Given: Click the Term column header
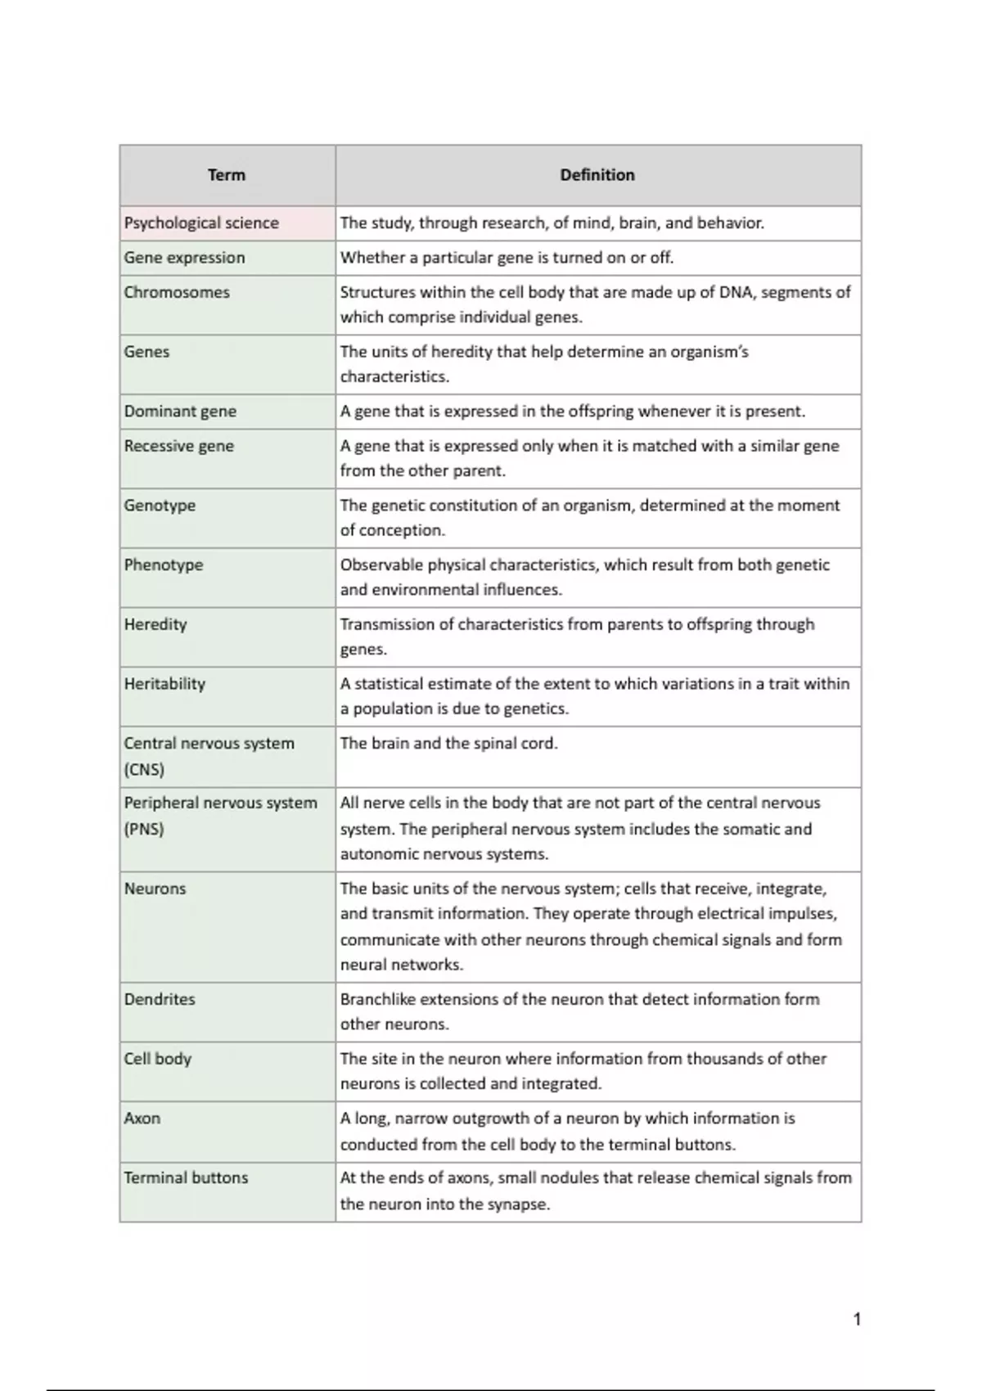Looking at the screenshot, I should [x=227, y=175].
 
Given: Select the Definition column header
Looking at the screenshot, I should [x=597, y=175].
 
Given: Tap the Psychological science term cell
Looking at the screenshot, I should [x=201, y=223].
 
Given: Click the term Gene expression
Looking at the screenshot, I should [x=184, y=258].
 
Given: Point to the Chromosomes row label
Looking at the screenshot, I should [x=177, y=292].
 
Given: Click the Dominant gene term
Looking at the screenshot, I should [x=180, y=412].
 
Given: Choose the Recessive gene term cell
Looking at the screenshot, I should [x=179, y=446].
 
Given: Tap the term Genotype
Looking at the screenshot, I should [x=160, y=506].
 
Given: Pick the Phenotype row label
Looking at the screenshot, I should [x=164, y=565].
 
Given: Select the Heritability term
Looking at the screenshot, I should [x=164, y=684].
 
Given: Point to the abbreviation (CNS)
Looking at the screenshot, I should [x=144, y=770].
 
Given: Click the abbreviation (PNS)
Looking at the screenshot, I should [x=144, y=829].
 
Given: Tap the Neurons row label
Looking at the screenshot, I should [x=155, y=889].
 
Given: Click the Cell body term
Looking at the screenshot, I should [x=157, y=1059].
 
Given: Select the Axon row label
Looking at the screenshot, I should [x=142, y=1119].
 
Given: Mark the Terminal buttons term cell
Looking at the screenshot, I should [x=186, y=1178].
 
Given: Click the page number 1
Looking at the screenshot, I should [x=857, y=1319].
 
